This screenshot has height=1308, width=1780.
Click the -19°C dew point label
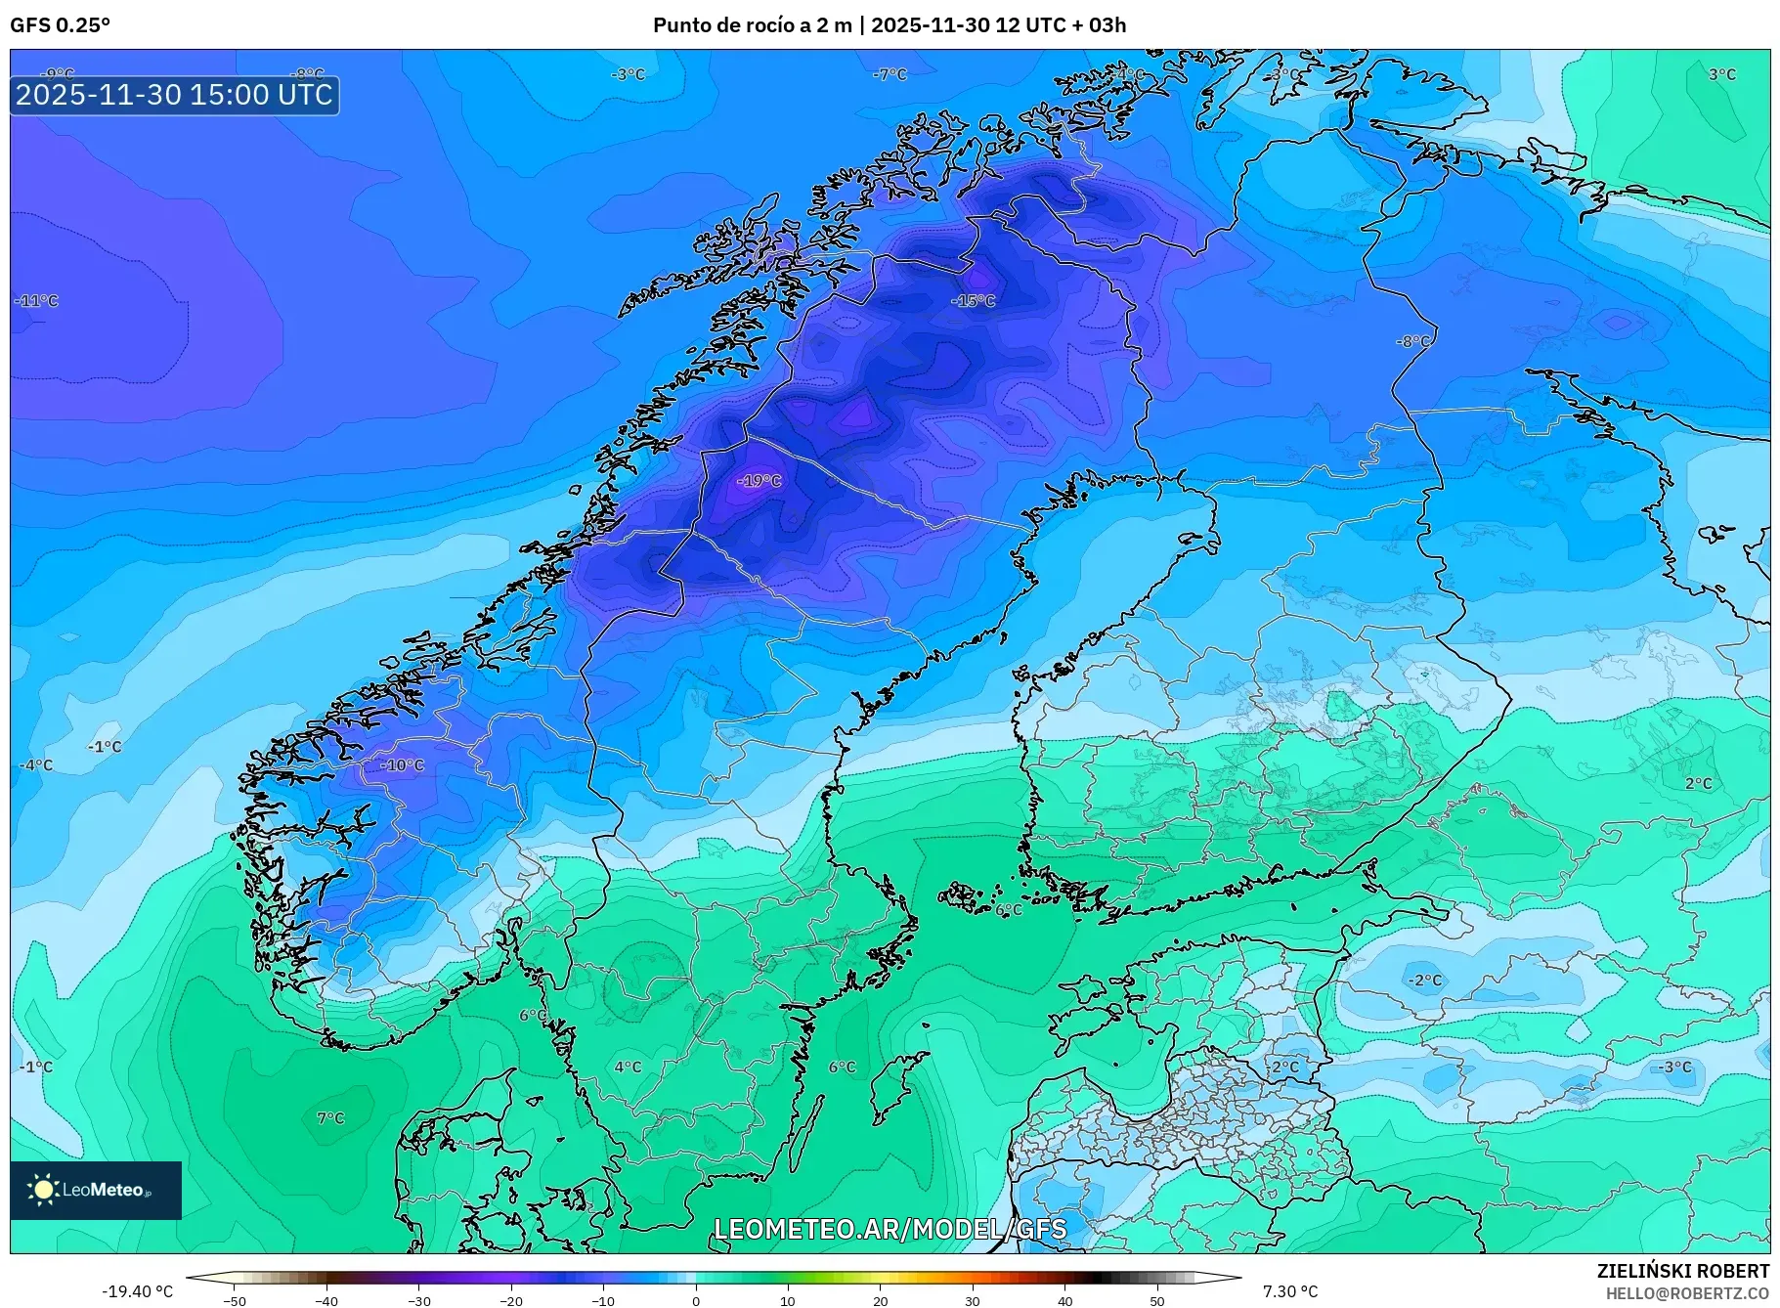(760, 481)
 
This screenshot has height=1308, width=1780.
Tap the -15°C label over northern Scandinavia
(973, 300)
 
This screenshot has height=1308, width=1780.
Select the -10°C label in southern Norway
(402, 765)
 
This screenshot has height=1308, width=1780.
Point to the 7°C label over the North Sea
(330, 1118)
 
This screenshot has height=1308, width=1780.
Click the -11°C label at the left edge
(37, 301)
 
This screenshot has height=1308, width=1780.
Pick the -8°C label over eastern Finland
(1413, 341)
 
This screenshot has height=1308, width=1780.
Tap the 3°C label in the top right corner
(1721, 74)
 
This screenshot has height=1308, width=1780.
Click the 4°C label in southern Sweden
(628, 1067)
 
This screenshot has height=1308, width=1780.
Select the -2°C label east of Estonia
(1424, 980)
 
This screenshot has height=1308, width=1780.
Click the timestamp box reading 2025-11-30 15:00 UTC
(174, 95)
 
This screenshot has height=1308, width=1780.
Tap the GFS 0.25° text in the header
(60, 25)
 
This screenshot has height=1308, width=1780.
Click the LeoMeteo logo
(96, 1190)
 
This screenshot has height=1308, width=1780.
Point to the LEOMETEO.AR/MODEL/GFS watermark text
(890, 1229)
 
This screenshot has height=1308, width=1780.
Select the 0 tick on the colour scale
(696, 1301)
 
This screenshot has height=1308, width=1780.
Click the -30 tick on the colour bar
(418, 1301)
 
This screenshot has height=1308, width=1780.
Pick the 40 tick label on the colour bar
(1064, 1301)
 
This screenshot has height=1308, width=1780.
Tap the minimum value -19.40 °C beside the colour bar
(138, 1291)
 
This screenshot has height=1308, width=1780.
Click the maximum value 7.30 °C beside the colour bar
(1290, 1291)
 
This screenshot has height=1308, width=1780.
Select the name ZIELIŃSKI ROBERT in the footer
(1682, 1271)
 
